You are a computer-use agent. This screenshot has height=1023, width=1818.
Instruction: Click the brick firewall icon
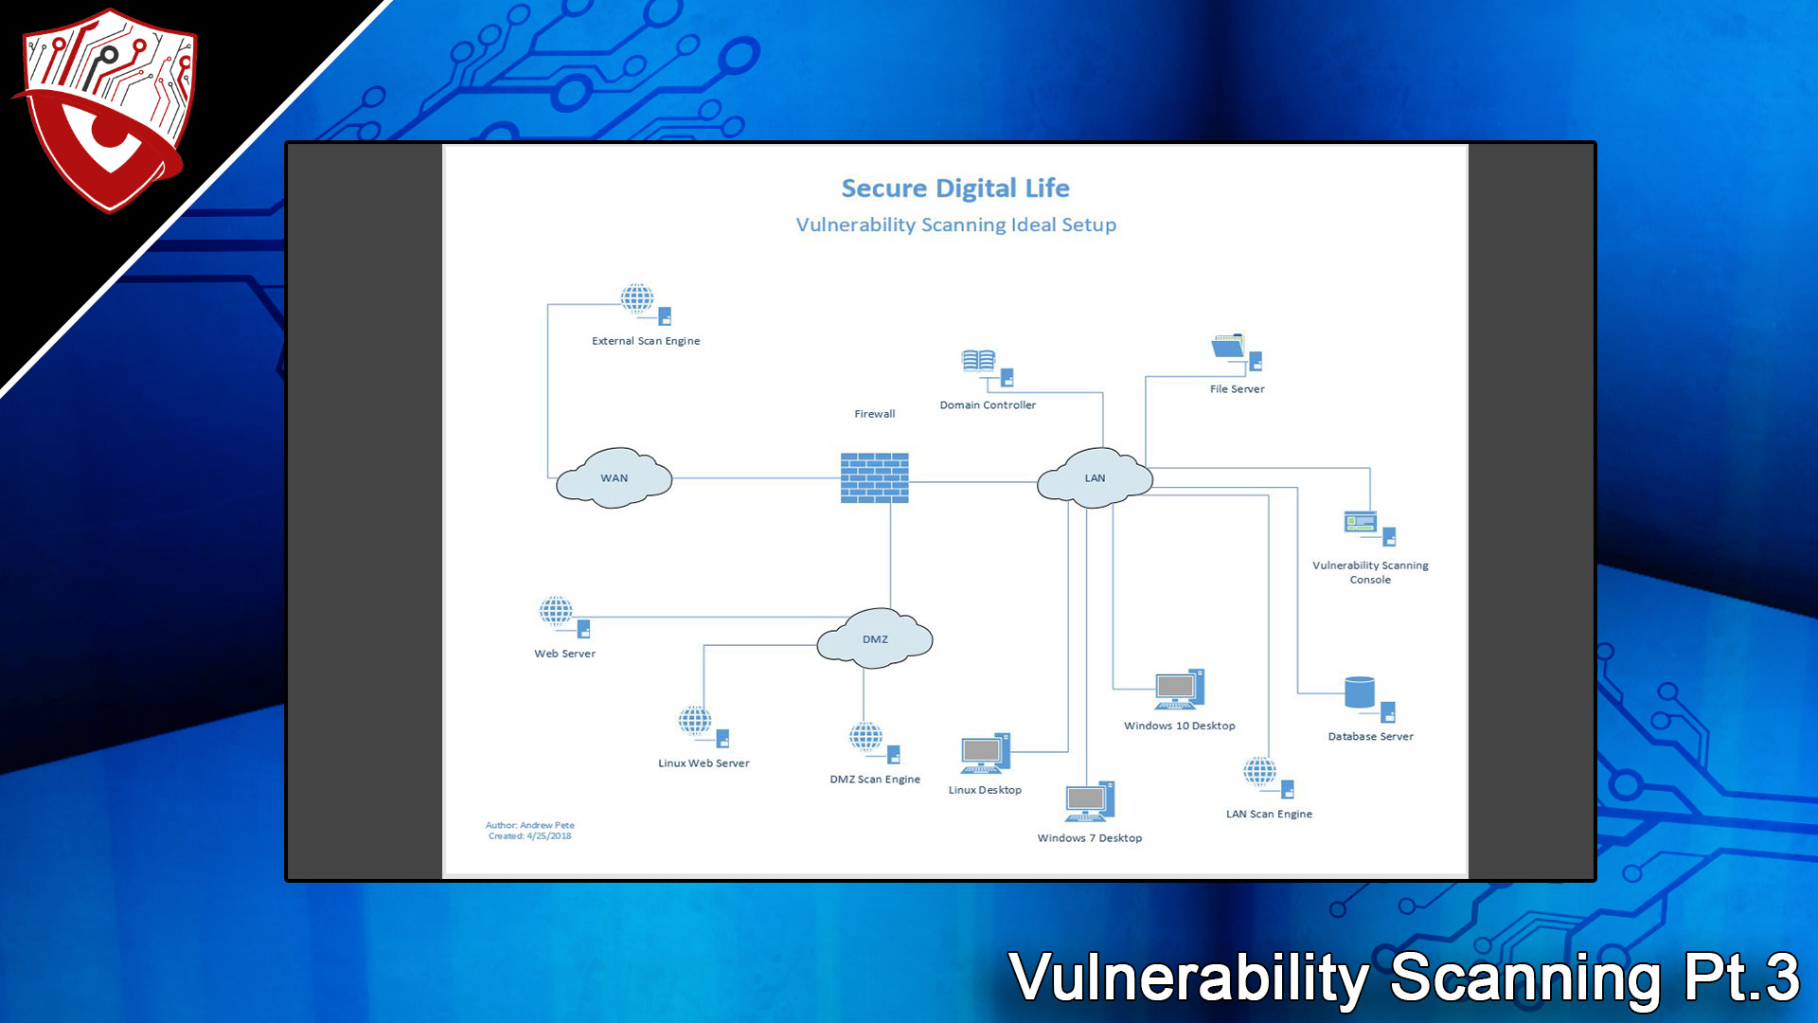pos(874,477)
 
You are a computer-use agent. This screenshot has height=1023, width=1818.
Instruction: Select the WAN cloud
pos(614,478)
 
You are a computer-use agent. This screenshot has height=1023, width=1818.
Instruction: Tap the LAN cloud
pos(1095,478)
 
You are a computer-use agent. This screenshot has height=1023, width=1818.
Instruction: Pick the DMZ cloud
pos(875,639)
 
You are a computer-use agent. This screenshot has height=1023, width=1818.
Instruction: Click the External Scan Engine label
pos(646,341)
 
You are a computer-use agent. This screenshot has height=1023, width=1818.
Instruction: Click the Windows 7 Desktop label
pos(1089,838)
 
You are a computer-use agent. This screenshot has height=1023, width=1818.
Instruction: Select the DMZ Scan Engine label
pos(875,780)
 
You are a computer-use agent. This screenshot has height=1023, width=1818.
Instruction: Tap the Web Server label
pos(564,654)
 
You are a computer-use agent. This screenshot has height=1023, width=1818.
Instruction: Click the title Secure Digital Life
pos(955,188)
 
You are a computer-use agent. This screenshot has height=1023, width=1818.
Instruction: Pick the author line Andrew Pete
pos(530,825)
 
